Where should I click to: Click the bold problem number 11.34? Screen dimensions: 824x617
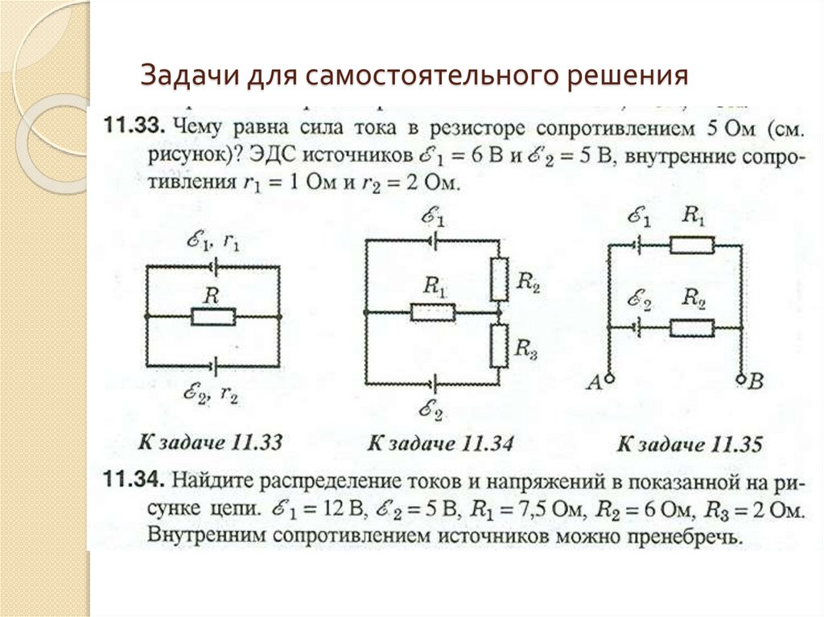tap(133, 481)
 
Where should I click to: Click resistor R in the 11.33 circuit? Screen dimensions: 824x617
tap(212, 317)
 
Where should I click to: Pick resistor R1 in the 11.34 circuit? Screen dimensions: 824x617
tap(433, 311)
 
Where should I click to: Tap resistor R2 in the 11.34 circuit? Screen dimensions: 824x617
tap(499, 278)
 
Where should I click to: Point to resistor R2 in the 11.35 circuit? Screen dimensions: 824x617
tap(692, 327)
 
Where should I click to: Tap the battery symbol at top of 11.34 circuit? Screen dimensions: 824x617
tap(433, 239)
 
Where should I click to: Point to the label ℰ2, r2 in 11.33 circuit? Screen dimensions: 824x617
tap(212, 394)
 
